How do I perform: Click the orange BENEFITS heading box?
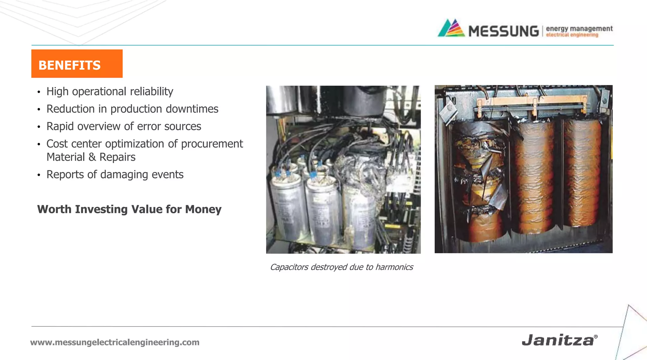pyautogui.click(x=77, y=64)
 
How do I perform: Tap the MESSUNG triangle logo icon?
pyautogui.click(x=451, y=28)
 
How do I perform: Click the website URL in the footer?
pyautogui.click(x=115, y=342)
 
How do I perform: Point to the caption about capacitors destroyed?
pyautogui.click(x=342, y=267)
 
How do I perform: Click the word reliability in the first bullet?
pyautogui.click(x=151, y=92)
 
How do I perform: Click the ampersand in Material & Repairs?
pyautogui.click(x=92, y=157)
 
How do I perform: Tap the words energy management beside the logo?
pyautogui.click(x=579, y=28)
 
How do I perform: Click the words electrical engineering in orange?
pyautogui.click(x=572, y=35)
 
